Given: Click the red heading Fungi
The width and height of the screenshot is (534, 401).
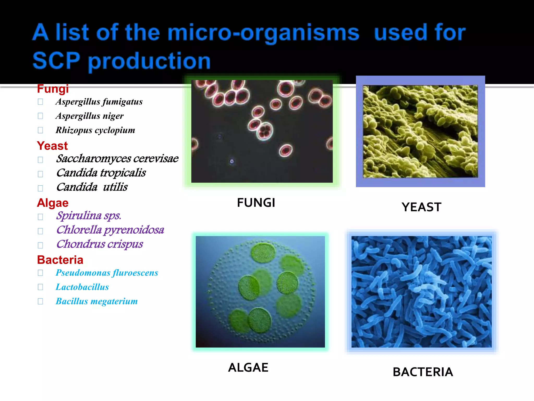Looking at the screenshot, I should pos(53,89).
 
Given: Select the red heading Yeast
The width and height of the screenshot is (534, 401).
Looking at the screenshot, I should pos(52,146).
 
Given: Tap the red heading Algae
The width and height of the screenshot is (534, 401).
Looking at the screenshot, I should pos(53,203).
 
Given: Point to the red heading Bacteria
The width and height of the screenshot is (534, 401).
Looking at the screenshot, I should pos(60,260).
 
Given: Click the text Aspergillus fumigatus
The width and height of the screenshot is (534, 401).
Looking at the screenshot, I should pos(99,102).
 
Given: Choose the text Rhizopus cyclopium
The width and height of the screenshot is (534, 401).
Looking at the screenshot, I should pos(95,130).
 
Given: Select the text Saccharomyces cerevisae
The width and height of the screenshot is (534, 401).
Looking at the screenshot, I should pos(117,158).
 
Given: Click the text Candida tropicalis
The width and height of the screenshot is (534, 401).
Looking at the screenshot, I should pos(101,173).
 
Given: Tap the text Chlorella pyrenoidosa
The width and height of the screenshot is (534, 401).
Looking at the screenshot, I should pos(110,230).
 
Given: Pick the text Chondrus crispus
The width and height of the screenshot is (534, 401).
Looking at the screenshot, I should pos(99,244).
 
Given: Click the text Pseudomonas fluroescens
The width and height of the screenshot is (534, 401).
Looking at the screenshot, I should pos(107,273).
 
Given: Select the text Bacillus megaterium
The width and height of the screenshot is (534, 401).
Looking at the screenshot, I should pos(96,301).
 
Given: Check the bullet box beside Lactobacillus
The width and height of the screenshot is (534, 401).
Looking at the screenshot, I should pos(40,287).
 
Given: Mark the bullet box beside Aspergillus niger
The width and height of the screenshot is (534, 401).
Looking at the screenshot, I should pos(40,116).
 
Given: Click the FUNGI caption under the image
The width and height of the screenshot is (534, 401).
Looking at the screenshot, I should pos(256,203).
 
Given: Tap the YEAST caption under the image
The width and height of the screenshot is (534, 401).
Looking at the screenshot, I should pos(421,207).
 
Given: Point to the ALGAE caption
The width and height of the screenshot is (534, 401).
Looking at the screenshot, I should pos(248,368).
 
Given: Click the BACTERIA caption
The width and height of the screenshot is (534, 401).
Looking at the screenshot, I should pos(423,372).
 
